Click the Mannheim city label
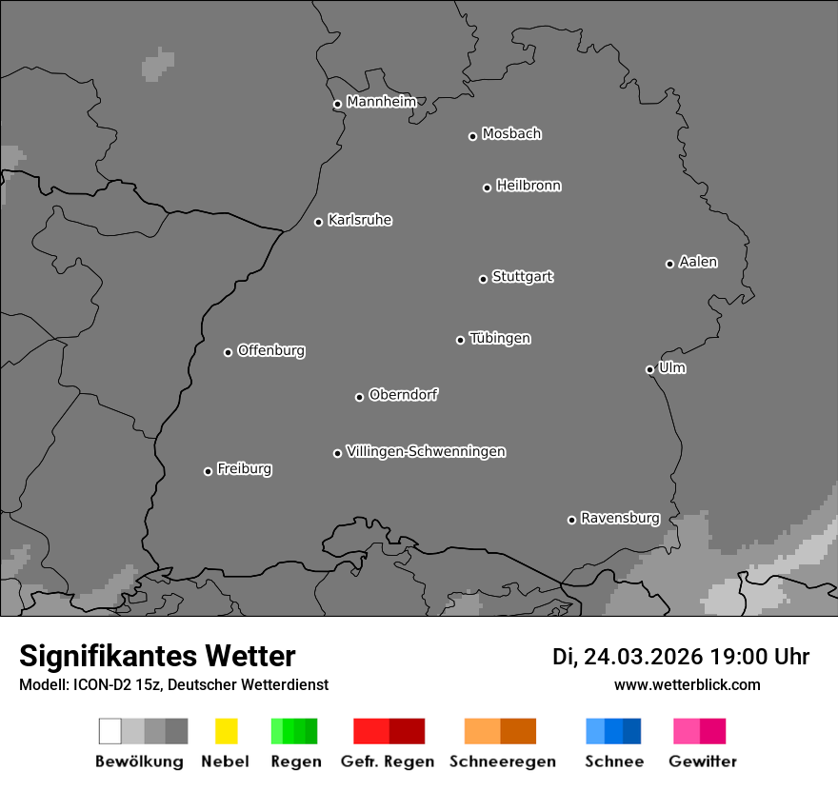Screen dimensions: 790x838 point(381,102)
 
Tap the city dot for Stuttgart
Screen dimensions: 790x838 point(483,279)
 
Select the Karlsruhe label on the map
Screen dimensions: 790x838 point(360,220)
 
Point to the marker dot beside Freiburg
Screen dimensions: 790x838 point(208,471)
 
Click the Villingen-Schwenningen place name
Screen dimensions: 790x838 point(426,451)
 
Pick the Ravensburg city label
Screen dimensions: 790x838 point(620,518)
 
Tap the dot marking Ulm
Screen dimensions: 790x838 point(649,369)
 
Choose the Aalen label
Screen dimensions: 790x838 point(698,262)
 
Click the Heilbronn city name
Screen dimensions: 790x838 point(529,186)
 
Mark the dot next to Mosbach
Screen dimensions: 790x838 point(472,136)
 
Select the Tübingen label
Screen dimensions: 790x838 point(500,338)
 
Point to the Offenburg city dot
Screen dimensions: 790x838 point(228,352)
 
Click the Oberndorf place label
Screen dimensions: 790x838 point(403,394)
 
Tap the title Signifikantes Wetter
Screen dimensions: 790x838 point(157,656)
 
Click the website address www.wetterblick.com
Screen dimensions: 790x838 point(688,684)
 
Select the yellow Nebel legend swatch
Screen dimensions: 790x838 point(226,731)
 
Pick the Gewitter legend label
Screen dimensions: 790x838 point(703,761)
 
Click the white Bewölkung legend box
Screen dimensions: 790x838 point(110,731)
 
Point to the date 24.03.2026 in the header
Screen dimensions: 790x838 point(643,657)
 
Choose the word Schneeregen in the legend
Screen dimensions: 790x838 point(503,761)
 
